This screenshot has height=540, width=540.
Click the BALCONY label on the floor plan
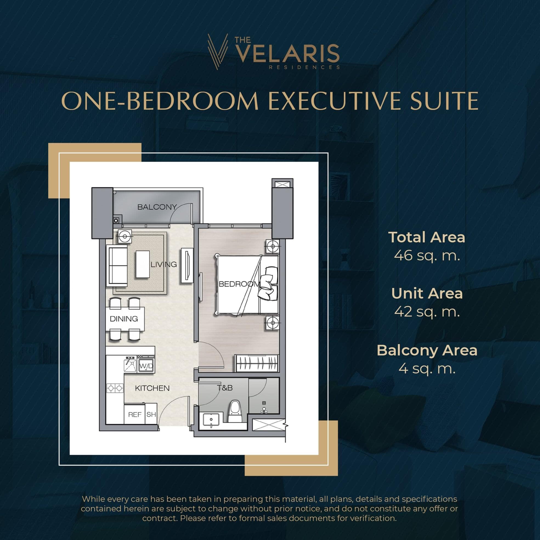(157, 207)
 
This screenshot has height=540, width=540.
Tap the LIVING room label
(164, 264)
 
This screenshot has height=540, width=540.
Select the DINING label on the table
(124, 319)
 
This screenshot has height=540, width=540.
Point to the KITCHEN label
(152, 388)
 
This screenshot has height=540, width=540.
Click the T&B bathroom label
(225, 388)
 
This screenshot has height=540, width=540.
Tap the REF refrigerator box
(135, 414)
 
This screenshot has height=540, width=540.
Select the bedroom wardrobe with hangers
(257, 363)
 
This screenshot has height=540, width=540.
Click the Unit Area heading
(427, 293)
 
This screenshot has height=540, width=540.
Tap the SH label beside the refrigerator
(151, 414)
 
